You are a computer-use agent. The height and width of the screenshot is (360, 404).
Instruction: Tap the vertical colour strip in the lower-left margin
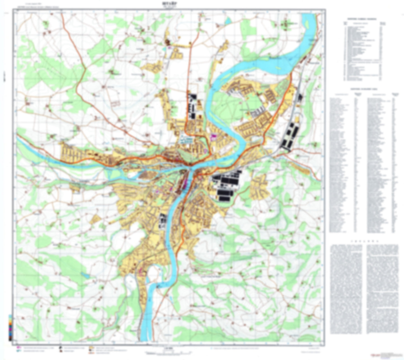pyautogui.click(x=10, y=327)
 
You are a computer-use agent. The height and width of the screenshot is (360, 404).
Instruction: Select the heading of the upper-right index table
pyautogui.click(x=362, y=19)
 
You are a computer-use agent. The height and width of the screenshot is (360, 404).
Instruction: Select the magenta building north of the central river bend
pyautogui.click(x=214, y=137)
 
